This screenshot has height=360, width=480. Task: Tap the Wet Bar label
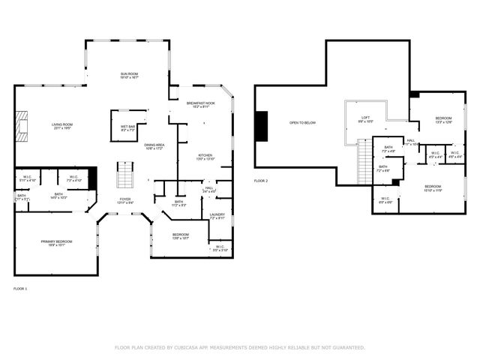(x=127, y=128)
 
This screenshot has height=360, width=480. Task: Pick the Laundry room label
(x=217, y=216)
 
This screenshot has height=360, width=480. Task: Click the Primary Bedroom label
(x=57, y=242)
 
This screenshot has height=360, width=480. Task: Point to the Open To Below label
(x=303, y=122)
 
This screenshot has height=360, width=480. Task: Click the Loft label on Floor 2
(x=365, y=118)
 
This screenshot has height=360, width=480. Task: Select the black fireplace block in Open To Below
(x=261, y=125)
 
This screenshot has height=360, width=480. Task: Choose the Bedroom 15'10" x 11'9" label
(x=433, y=187)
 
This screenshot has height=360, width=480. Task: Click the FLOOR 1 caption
(x=20, y=288)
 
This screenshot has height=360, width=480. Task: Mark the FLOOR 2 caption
(x=260, y=181)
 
